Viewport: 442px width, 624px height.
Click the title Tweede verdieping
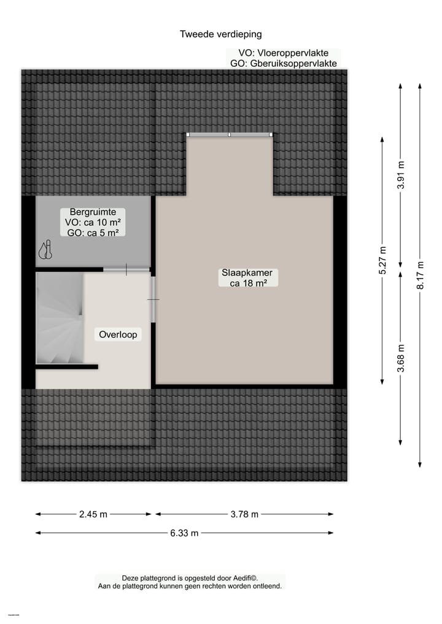pos(220,34)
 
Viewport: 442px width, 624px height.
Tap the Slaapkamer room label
pos(247,273)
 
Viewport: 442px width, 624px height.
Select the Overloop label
pos(118,334)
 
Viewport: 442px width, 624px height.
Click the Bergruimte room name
pos(93,212)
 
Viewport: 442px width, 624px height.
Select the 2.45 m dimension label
pos(93,514)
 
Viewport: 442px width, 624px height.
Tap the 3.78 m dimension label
pos(244,514)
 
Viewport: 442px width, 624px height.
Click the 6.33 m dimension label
pos(184,533)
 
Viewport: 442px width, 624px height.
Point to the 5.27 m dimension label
pos(382,262)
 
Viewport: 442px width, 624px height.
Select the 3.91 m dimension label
pos(401,175)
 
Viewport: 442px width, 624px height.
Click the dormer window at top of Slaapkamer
pos(230,135)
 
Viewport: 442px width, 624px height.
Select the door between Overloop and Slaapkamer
pos(153,299)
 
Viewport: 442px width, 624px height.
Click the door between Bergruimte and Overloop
pos(126,269)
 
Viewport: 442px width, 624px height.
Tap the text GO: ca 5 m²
pos(93,232)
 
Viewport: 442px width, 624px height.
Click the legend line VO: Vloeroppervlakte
pos(283,53)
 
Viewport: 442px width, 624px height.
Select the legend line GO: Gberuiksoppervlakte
pos(283,63)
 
